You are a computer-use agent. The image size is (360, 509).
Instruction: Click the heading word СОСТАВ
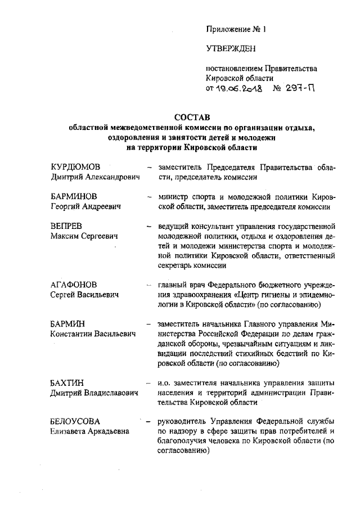[191, 117]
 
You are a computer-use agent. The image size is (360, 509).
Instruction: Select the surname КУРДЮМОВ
[75, 167]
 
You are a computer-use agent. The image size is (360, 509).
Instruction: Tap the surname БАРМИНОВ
[74, 197]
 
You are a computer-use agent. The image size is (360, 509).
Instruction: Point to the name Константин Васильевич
[93, 334]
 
